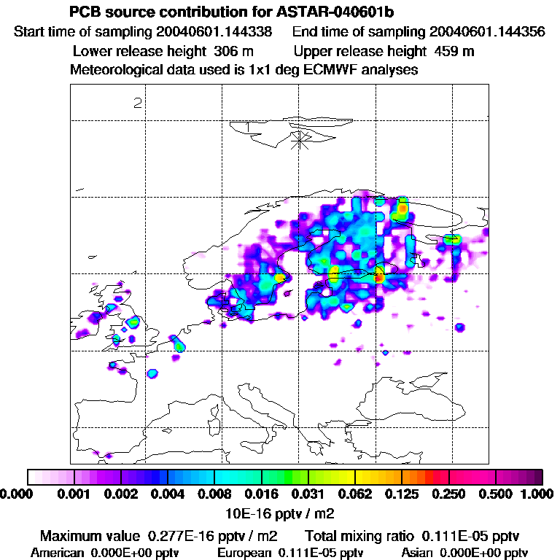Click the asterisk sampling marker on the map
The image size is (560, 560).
(x=300, y=140)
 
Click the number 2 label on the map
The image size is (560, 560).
(x=137, y=102)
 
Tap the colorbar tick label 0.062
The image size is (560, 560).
(x=355, y=494)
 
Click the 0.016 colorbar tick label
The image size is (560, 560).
(x=261, y=494)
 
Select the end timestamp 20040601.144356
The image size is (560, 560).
(x=487, y=32)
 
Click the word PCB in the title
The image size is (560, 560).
(x=84, y=13)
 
